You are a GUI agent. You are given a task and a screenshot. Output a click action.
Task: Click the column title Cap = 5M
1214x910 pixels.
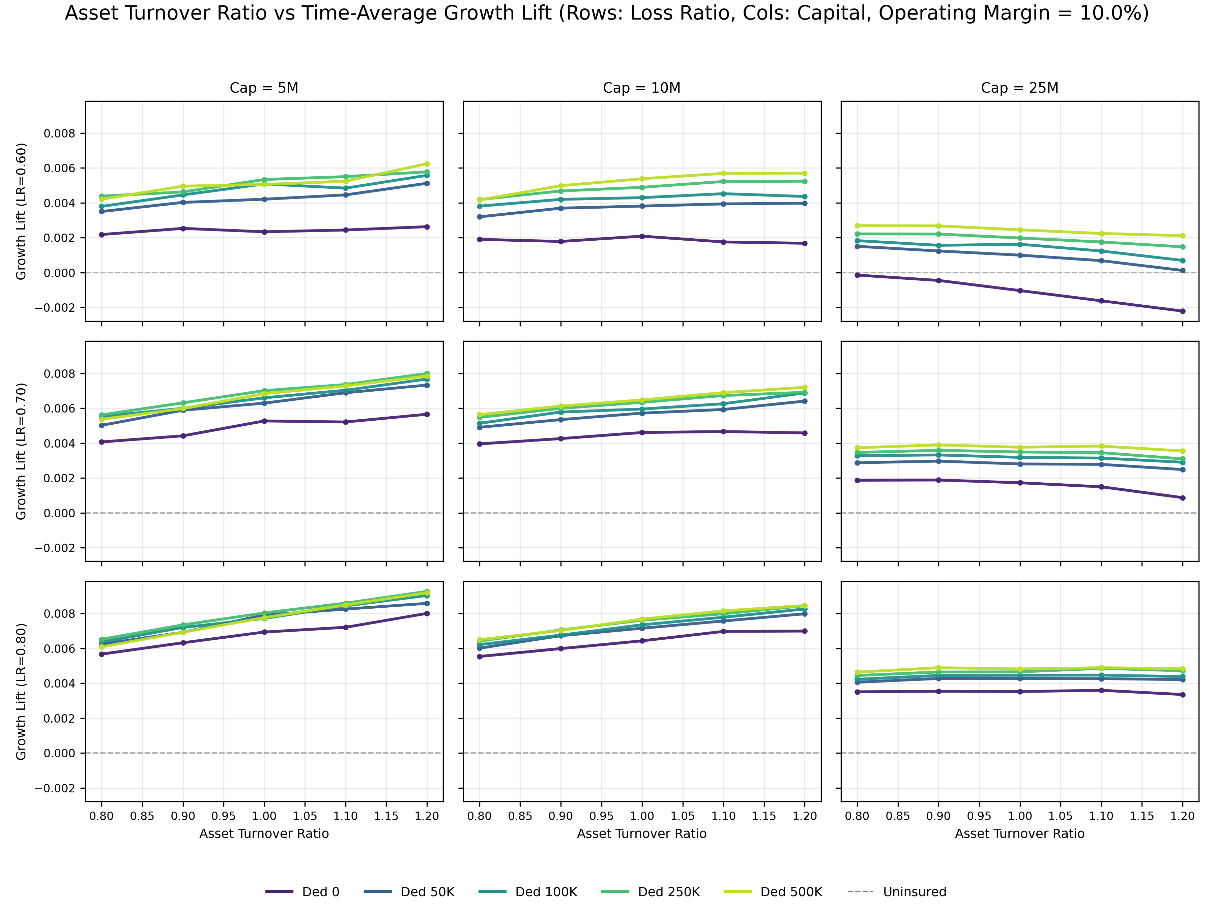coord(264,88)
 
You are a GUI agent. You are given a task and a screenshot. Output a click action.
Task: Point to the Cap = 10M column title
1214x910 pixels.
coord(642,88)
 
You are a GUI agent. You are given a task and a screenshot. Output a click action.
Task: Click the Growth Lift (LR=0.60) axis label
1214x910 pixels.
coord(21,211)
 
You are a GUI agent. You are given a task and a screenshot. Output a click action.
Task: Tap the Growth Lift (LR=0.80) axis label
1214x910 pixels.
coord(21,691)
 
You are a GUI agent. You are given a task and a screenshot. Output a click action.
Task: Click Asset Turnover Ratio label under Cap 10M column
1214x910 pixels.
coord(642,834)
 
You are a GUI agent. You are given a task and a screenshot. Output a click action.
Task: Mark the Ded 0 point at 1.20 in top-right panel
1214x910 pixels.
coord(1182,311)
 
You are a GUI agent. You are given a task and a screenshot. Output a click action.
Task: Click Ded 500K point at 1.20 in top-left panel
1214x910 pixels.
coord(427,164)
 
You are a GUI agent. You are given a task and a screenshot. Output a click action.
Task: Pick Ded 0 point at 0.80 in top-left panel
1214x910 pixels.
coord(102,234)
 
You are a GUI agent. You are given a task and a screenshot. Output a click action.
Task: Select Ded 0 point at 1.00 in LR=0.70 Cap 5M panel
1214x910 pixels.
coord(264,421)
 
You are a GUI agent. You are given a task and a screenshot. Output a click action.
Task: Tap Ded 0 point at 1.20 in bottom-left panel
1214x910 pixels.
coord(427,613)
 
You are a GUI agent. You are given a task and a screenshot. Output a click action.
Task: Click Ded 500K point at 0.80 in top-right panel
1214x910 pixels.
coord(857,225)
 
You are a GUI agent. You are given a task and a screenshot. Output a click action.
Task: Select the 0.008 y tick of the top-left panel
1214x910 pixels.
coord(59,133)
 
